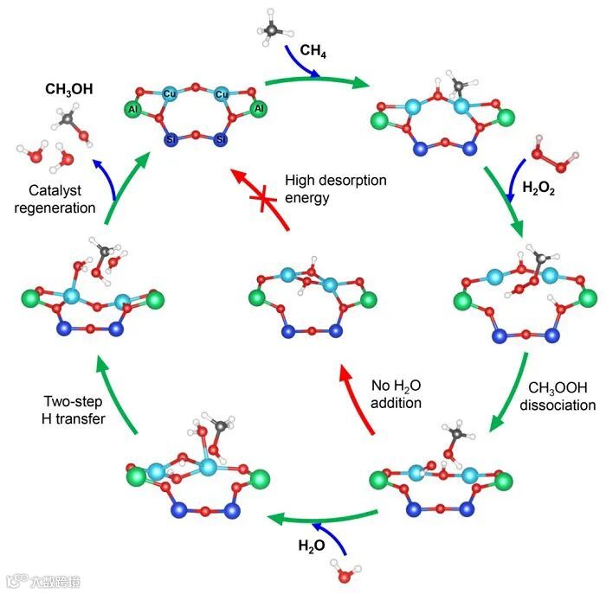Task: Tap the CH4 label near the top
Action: pyautogui.click(x=313, y=50)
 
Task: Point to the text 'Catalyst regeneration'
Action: pyautogui.click(x=60, y=199)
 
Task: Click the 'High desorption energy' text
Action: pyautogui.click(x=336, y=188)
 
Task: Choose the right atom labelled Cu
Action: pyautogui.click(x=222, y=93)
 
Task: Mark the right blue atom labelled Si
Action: pyautogui.click(x=222, y=139)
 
